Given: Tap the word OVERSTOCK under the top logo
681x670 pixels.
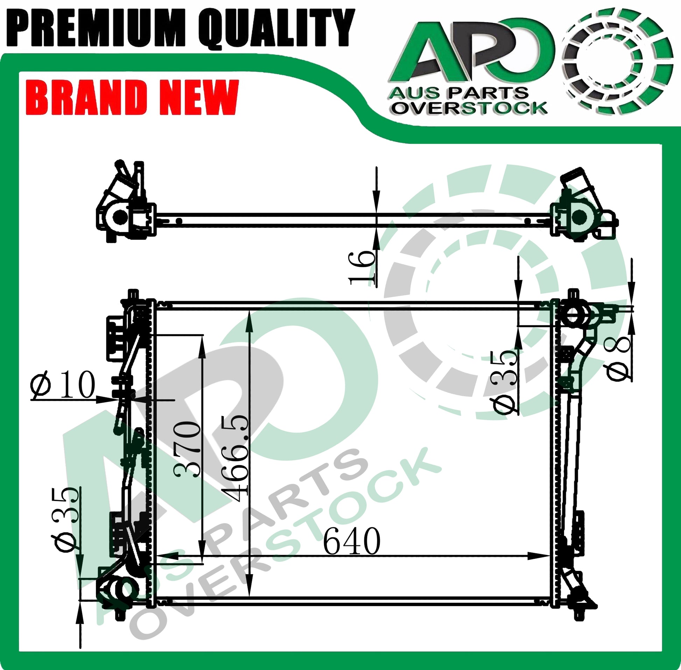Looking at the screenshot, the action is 470,107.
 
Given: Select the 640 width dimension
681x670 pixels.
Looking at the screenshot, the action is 352,541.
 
